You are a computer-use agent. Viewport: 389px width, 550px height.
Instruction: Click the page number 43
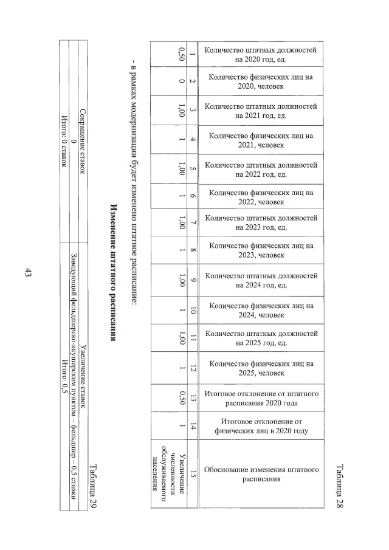click(27, 275)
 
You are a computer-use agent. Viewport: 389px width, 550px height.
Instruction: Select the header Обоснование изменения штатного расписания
click(261, 475)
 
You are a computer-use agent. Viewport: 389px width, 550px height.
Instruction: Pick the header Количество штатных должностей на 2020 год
click(261, 55)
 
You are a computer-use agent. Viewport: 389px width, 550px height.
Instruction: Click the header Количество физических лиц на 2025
click(261, 368)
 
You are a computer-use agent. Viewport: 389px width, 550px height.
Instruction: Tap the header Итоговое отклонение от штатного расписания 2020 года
click(261, 399)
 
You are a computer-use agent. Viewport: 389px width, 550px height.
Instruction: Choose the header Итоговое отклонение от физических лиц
click(261, 428)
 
